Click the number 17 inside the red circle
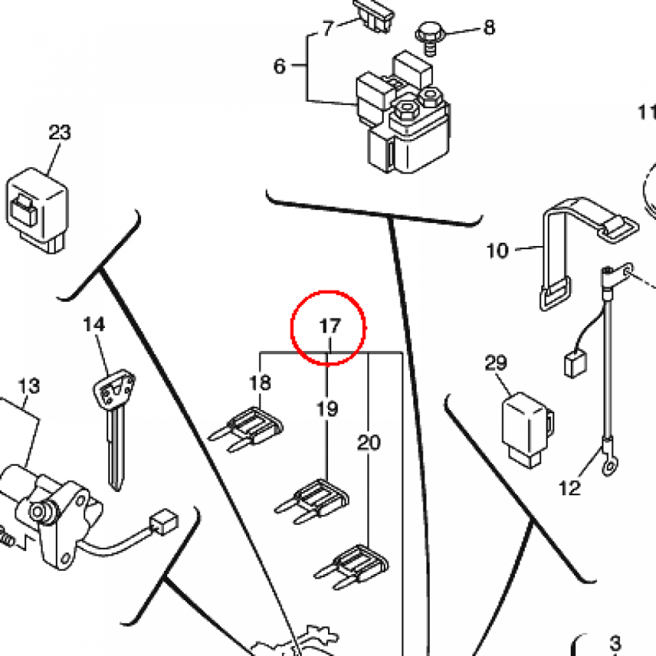point(330,326)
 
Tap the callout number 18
point(260,382)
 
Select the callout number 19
point(327,409)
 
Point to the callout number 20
point(368,443)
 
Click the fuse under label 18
point(246,430)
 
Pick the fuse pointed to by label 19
point(312,501)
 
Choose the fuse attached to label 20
point(352,567)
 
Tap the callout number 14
point(94,325)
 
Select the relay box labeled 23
point(37,210)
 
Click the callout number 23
point(60,133)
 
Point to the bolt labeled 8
point(429,38)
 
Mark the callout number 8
point(489,28)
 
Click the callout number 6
point(279,66)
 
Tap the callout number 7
point(329,28)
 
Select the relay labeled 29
point(528,430)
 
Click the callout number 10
point(497,251)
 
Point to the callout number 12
point(570,488)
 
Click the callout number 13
point(29,386)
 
